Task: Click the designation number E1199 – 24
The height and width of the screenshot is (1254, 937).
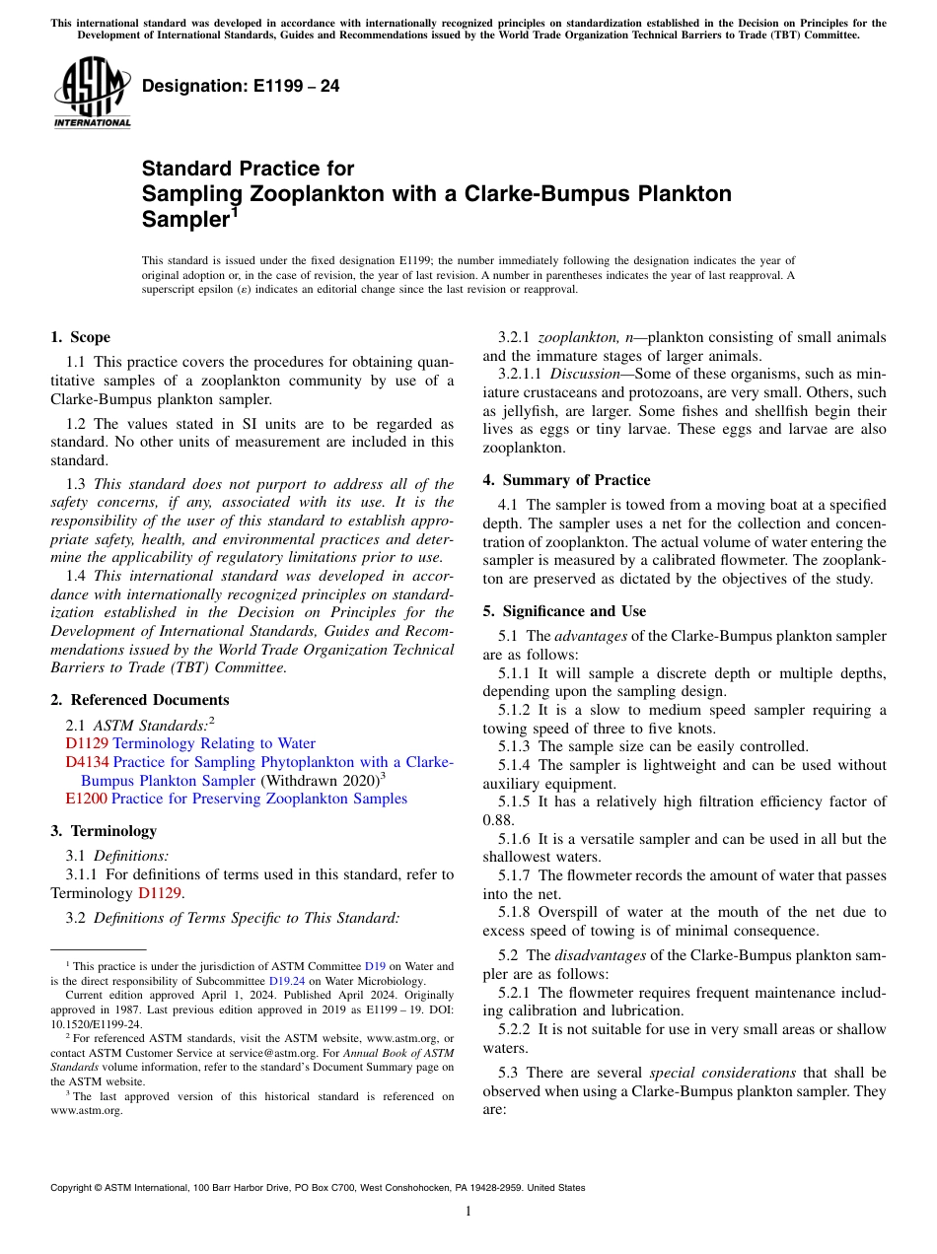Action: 242,86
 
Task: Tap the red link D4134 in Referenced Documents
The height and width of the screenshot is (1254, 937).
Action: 88,762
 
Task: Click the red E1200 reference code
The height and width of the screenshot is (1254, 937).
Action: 86,799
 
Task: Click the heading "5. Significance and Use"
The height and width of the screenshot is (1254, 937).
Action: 564,611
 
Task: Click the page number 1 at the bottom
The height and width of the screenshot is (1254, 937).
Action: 468,1212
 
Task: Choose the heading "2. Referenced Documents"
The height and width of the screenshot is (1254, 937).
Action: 140,700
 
